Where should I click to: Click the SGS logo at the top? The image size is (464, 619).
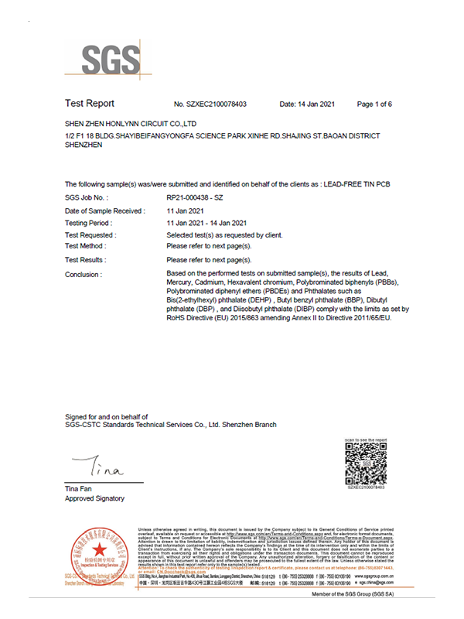coord(113,57)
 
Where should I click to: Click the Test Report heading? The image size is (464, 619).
coord(90,104)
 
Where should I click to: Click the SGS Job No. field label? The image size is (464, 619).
coord(87,198)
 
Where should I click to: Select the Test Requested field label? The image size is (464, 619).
coord(92,234)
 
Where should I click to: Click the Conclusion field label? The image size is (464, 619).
coord(84,275)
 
